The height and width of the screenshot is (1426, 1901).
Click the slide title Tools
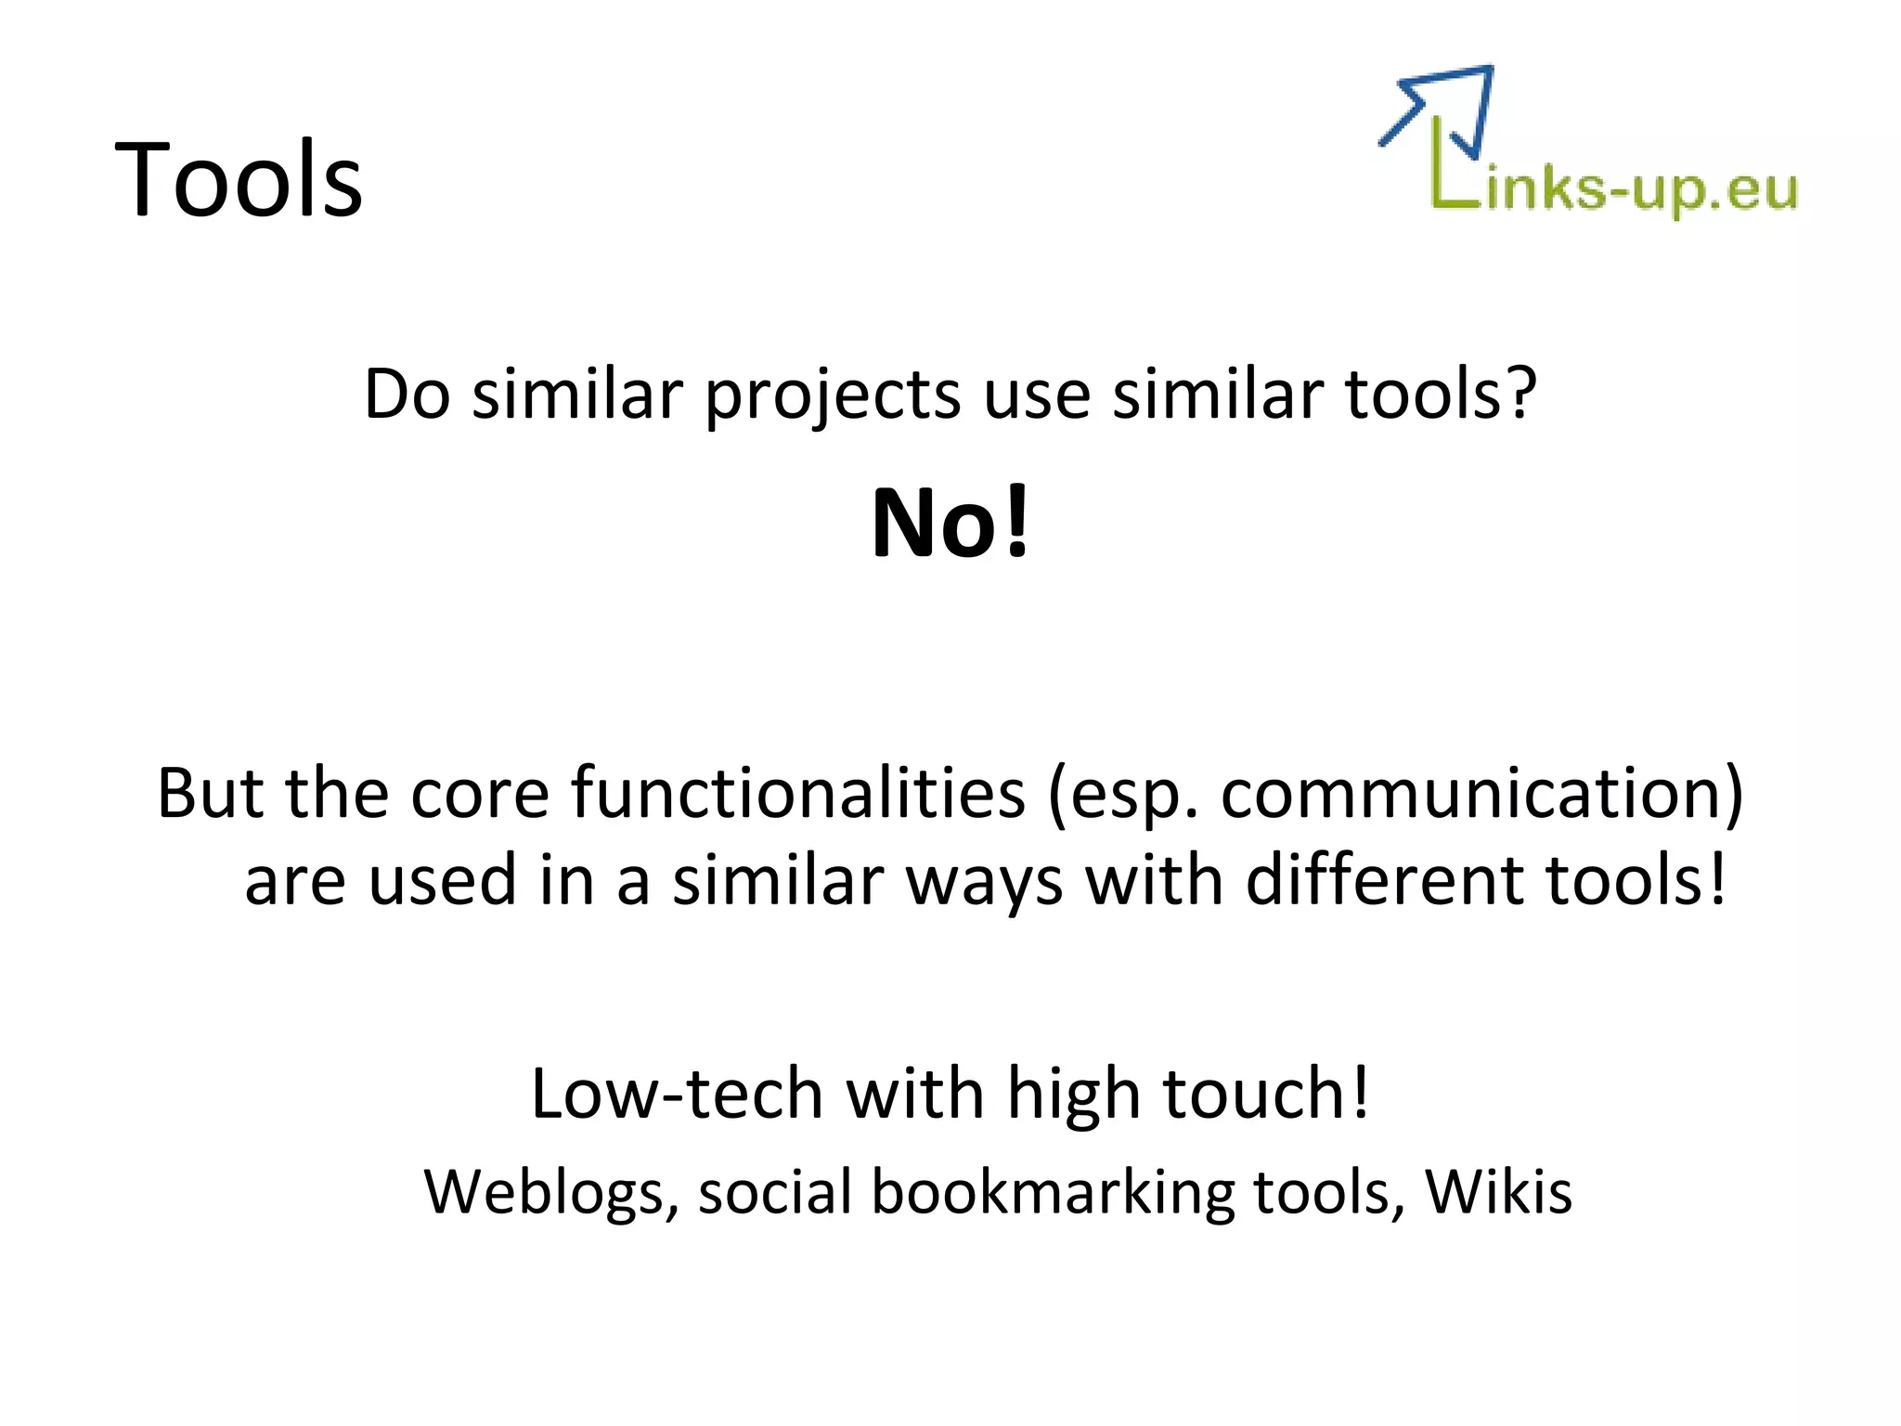(x=239, y=178)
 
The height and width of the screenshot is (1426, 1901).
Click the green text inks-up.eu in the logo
(x=1641, y=190)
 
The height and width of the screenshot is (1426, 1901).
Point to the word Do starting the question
(x=407, y=395)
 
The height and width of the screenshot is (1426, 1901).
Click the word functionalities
(x=798, y=793)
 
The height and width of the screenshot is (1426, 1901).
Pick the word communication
(x=1471, y=793)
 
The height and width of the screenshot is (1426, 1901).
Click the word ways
(x=983, y=882)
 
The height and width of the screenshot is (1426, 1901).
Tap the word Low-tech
(x=677, y=1094)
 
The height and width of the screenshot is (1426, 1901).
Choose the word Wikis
(x=1498, y=1190)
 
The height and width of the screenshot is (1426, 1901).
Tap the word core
(x=480, y=795)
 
